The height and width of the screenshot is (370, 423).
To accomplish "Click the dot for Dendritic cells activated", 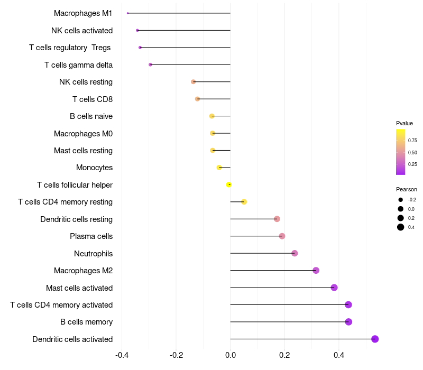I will (375, 339).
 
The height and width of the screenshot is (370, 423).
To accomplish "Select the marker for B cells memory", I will (348, 322).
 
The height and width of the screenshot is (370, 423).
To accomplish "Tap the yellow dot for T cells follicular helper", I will (229, 184).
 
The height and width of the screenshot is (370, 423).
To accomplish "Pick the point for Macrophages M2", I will (316, 271).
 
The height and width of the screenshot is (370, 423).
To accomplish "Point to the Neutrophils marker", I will (295, 253).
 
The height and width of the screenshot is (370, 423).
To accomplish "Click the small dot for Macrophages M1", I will (128, 13).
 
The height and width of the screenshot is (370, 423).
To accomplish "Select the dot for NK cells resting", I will (194, 82).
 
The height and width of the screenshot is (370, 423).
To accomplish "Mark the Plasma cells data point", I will (282, 236).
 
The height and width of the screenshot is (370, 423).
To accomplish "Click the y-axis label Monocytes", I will (94, 168).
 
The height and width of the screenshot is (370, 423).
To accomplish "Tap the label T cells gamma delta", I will (78, 65).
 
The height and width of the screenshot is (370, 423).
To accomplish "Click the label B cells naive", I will (91, 116).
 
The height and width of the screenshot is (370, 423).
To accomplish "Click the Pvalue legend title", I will (404, 123).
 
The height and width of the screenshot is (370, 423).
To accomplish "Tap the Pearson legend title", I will (406, 189).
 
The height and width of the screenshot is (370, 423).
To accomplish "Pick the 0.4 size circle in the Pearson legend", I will (401, 227).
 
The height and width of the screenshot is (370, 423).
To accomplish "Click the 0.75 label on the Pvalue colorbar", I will (412, 141).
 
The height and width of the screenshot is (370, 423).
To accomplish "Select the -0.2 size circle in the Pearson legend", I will (401, 200).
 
